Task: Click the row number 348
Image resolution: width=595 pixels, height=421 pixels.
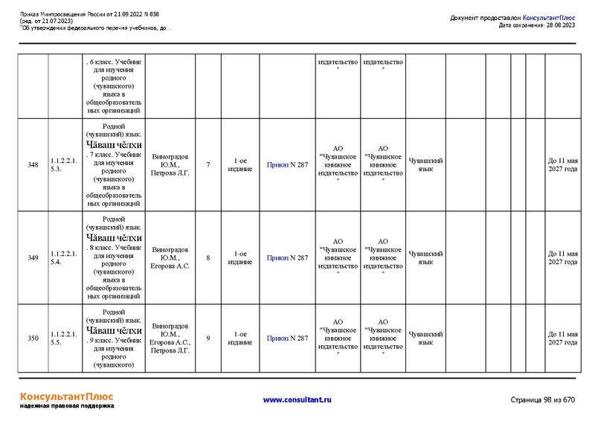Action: pyautogui.click(x=33, y=164)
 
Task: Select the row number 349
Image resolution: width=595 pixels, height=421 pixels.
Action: pyautogui.click(x=33, y=258)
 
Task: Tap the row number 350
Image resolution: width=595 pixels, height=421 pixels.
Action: pyautogui.click(x=33, y=338)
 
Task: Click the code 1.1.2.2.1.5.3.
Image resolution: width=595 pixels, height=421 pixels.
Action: pyautogui.click(x=63, y=164)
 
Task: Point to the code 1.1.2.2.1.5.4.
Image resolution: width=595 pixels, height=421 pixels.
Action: pyautogui.click(x=63, y=258)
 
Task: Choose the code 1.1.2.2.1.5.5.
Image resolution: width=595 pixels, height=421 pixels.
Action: pyautogui.click(x=63, y=338)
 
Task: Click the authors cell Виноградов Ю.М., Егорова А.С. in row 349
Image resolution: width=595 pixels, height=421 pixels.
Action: pyautogui.click(x=170, y=257)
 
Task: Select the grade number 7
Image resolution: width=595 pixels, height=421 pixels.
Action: pyautogui.click(x=208, y=164)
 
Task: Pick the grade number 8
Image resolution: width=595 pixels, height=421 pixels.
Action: pyautogui.click(x=208, y=258)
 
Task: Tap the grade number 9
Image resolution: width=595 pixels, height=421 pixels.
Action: pyautogui.click(x=208, y=338)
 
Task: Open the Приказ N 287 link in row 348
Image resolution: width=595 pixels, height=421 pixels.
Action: pyautogui.click(x=287, y=164)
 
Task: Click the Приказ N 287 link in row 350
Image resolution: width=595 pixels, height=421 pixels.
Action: pyautogui.click(x=287, y=338)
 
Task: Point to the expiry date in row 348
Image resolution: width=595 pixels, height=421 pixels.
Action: pyautogui.click(x=562, y=164)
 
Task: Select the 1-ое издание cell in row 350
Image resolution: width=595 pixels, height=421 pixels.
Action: pyautogui.click(x=239, y=338)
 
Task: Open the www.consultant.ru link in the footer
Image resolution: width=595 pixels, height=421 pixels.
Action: pyautogui.click(x=297, y=400)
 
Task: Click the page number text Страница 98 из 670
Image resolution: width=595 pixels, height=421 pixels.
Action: pyautogui.click(x=543, y=400)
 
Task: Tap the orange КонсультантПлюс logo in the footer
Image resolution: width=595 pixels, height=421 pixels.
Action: pyautogui.click(x=66, y=395)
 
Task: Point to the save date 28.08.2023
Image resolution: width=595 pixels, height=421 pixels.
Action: pyautogui.click(x=559, y=25)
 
